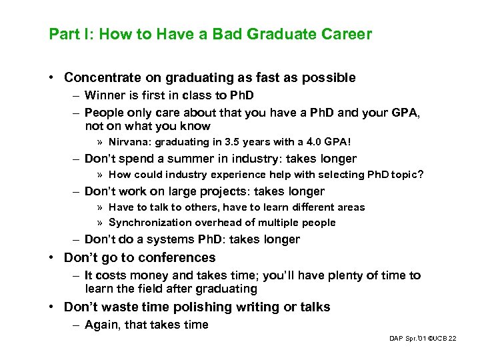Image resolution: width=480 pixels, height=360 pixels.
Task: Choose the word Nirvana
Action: (x=130, y=142)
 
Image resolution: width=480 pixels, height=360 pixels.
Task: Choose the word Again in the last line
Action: (x=101, y=325)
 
